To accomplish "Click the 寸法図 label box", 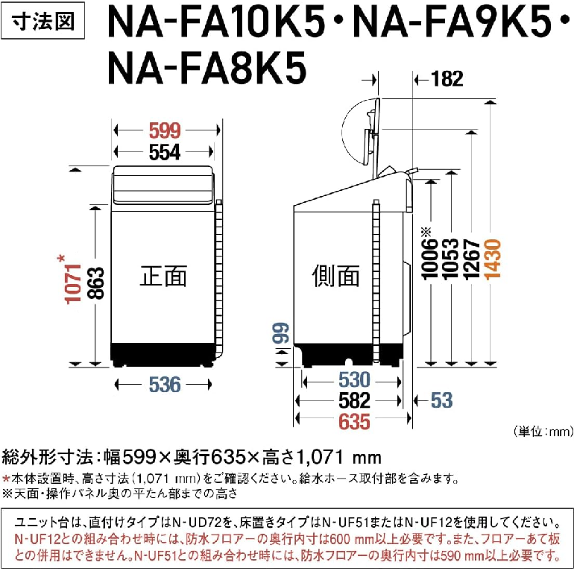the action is [x=42, y=21].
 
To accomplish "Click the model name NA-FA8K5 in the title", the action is [x=206, y=69].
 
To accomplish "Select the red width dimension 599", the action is [x=165, y=130].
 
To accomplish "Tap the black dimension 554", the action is [x=165, y=152].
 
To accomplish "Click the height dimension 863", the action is [x=96, y=284].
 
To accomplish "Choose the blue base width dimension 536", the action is [x=165, y=385].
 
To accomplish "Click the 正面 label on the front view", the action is [x=163, y=276].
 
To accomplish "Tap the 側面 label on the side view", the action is [x=335, y=276].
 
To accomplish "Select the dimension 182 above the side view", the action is [x=447, y=79].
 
